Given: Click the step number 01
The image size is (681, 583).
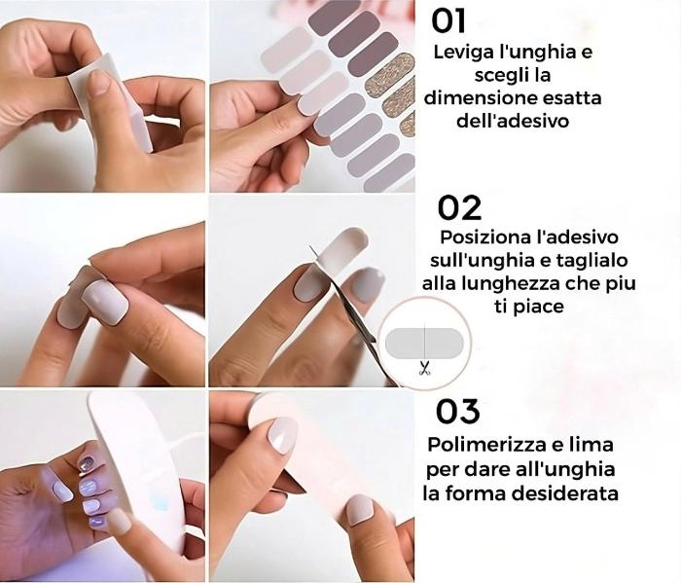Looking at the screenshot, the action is coord(448,21).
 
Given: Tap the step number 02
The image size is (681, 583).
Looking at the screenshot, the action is coord(459,208).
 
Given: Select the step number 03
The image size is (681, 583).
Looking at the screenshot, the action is coord(458,412).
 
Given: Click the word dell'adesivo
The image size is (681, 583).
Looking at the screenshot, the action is coord(513,121).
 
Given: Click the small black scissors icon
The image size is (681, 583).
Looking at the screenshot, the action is coord(424,368).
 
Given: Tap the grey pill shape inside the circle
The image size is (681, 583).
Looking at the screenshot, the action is coord(424,343).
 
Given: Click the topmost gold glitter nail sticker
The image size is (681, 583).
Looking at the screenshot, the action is coord(390,74).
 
